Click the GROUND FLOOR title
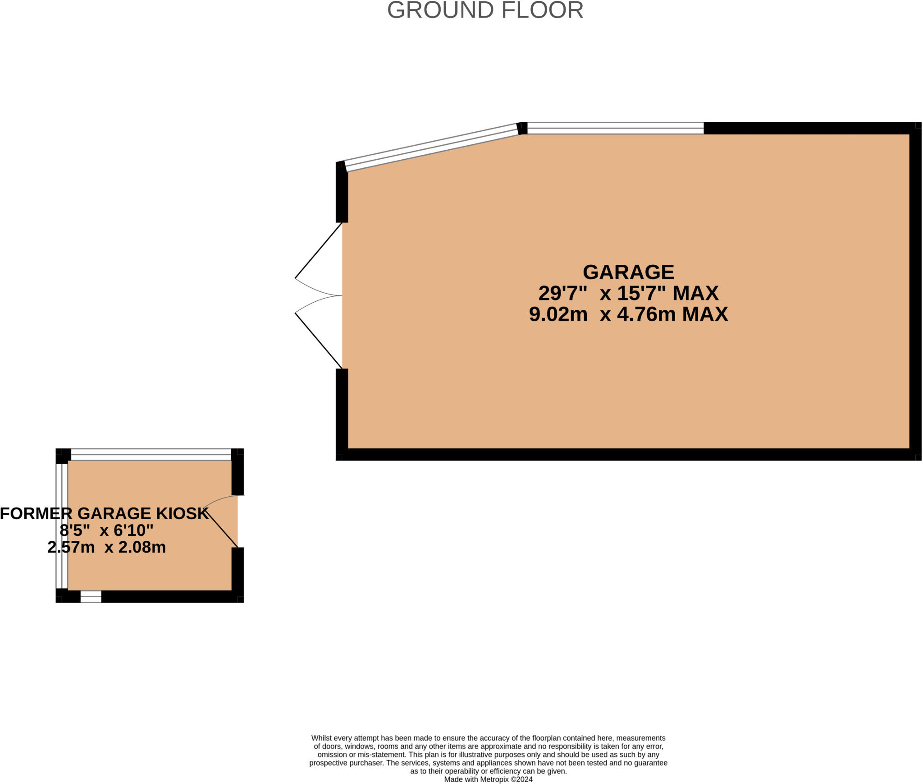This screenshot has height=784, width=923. (485, 10)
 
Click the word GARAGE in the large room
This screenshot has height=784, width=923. (628, 272)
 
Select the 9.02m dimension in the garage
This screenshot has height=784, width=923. (558, 314)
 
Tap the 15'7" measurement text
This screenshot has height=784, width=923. (641, 293)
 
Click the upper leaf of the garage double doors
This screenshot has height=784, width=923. (318, 251)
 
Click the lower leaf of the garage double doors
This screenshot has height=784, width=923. (318, 341)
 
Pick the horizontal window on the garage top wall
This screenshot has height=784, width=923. (615, 128)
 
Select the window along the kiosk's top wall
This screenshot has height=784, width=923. (151, 454)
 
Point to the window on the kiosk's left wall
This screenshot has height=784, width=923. (62, 526)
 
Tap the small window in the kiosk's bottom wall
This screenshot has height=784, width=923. (91, 596)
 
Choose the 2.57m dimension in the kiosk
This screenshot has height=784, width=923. (71, 547)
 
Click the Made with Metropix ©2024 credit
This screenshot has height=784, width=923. (488, 779)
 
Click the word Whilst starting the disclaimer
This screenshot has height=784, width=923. (322, 738)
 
